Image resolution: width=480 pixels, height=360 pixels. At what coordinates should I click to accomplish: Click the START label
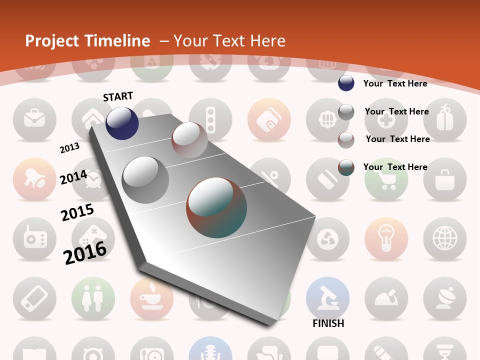(x=118, y=96)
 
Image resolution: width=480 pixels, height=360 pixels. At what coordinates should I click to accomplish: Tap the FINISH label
(x=328, y=323)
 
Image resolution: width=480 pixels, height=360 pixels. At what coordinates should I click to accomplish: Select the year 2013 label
(x=69, y=148)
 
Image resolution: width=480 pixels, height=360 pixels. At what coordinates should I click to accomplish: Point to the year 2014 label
(x=73, y=177)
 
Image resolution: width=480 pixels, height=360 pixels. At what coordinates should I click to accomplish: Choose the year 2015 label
(x=77, y=212)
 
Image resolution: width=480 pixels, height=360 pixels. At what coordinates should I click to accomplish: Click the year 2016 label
(x=85, y=252)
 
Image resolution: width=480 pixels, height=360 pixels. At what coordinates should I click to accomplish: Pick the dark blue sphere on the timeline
(x=122, y=123)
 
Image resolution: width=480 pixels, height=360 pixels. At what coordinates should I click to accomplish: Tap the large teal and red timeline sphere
(x=216, y=207)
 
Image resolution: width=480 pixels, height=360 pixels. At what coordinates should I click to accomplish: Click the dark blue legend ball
(x=346, y=83)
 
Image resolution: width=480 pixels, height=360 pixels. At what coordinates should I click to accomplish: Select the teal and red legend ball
(x=346, y=167)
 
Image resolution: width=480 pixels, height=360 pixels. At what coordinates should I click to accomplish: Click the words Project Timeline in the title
(x=87, y=41)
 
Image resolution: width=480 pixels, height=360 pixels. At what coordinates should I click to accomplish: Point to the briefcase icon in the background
(x=34, y=119)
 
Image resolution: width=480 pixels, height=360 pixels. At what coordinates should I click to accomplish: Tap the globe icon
(x=444, y=238)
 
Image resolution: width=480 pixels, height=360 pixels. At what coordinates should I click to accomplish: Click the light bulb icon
(x=386, y=238)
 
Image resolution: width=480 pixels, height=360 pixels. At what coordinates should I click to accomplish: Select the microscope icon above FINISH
(x=327, y=298)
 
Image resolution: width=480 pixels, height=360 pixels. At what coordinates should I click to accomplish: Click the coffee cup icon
(x=151, y=298)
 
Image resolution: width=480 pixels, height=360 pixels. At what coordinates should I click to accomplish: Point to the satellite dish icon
(x=444, y=298)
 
